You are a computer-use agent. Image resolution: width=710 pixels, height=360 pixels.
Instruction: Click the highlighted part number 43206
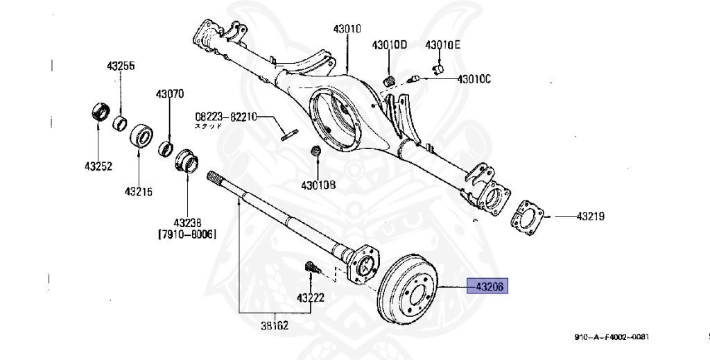489,286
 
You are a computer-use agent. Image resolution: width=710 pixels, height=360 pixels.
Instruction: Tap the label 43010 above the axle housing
347,29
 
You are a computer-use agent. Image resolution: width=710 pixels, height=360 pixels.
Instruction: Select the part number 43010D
390,46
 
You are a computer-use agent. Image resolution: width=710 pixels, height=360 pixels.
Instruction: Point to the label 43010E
443,46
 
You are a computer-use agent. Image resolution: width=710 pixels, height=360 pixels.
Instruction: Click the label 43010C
474,79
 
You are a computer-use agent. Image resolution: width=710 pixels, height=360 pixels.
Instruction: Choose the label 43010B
318,185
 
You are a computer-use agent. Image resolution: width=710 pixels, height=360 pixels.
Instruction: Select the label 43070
169,94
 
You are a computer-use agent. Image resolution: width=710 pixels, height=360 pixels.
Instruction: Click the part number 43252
98,166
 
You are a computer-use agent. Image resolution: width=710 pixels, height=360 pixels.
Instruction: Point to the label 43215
139,191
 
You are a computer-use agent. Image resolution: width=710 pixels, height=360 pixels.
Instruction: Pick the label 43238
187,223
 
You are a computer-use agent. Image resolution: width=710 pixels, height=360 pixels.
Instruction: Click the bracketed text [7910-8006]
187,234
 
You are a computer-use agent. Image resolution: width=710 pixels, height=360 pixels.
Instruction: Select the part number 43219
590,216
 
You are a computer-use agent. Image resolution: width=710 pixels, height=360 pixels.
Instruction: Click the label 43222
311,298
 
